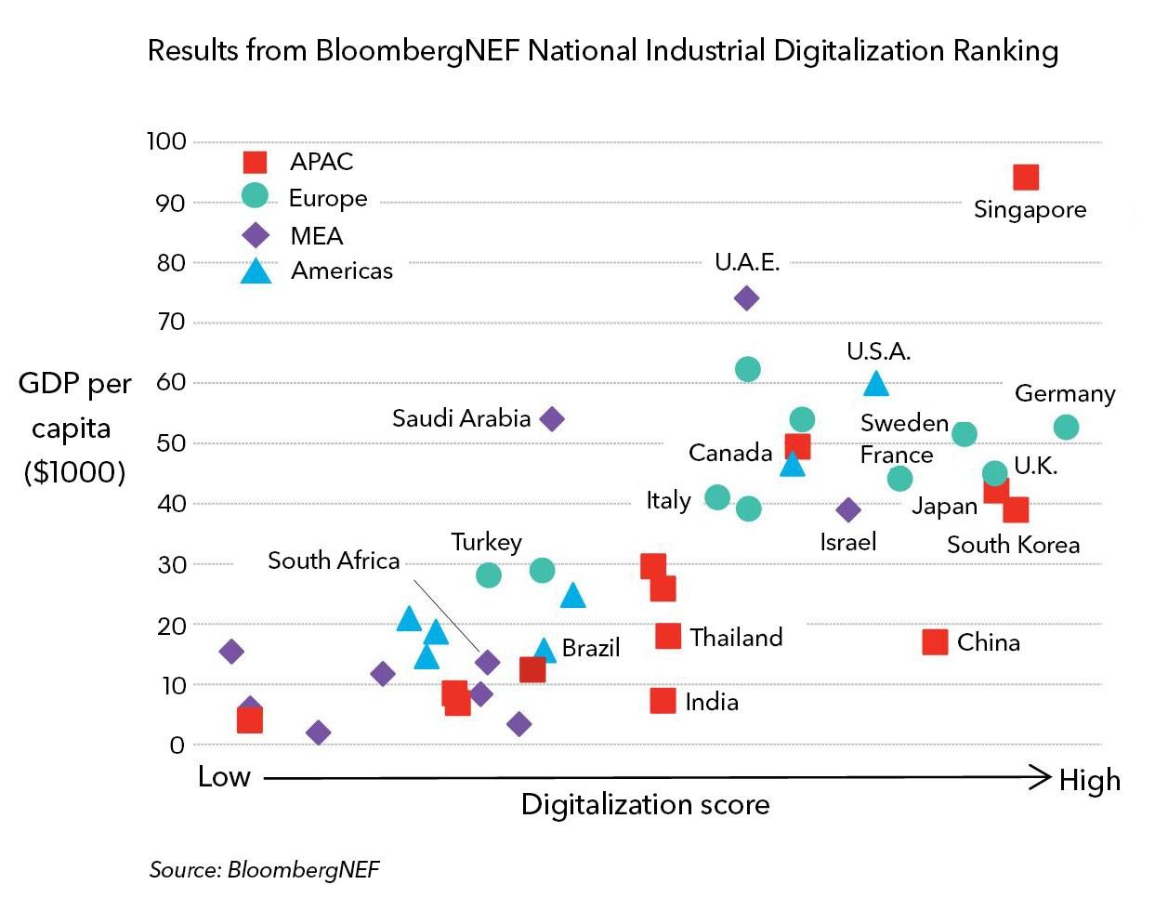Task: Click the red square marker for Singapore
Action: (1025, 178)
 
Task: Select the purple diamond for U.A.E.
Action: (746, 298)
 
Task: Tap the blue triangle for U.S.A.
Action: (876, 384)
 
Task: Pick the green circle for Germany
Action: (1066, 427)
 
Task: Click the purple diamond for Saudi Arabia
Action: (552, 419)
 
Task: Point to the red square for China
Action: (935, 642)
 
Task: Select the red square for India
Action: (663, 701)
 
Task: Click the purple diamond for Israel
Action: (848, 509)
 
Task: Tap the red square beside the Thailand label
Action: (668, 636)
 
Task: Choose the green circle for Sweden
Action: (965, 433)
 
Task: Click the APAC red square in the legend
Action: (255, 162)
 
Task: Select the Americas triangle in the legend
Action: (256, 271)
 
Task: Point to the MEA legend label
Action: (317, 236)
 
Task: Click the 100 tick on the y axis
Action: (166, 141)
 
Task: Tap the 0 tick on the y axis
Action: (177, 746)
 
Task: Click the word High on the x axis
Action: (1089, 781)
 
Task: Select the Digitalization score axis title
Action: (645, 805)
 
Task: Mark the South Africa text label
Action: (334, 561)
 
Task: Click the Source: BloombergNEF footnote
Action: (265, 870)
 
